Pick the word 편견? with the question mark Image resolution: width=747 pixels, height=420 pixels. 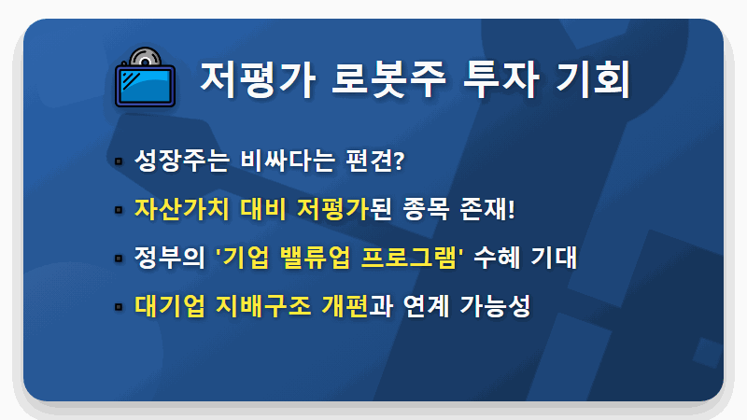click(x=370, y=160)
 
